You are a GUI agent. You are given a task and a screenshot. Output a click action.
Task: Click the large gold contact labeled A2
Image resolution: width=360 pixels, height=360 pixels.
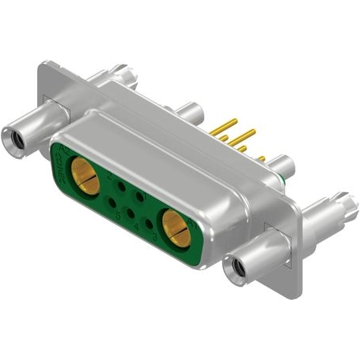coord(85,175)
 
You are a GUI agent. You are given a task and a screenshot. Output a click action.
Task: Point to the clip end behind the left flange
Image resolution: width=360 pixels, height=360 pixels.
coord(126,75)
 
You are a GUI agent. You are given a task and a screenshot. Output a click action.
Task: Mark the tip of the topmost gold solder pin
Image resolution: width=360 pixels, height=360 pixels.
coord(235,121)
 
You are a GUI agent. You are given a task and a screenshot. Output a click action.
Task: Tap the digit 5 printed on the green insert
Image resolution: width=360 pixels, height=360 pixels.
coord(117,213)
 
